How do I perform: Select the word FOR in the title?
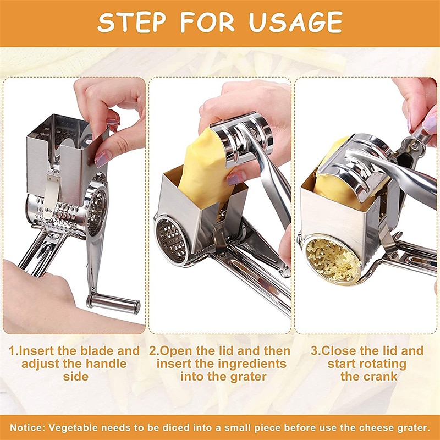(212, 22)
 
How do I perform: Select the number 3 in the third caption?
(314, 351)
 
